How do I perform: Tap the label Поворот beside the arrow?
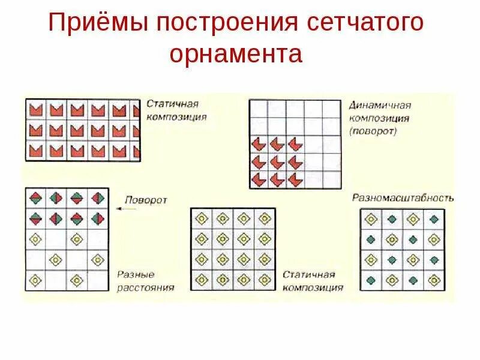point(146,200)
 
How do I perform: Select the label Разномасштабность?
point(403,197)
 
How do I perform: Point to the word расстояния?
point(146,287)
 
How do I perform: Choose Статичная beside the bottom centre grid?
point(308,275)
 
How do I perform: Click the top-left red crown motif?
point(35,110)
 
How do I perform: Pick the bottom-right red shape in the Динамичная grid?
point(295,179)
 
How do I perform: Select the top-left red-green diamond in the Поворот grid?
point(35,197)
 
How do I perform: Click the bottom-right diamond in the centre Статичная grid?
point(265,280)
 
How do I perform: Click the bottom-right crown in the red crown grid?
point(134,151)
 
